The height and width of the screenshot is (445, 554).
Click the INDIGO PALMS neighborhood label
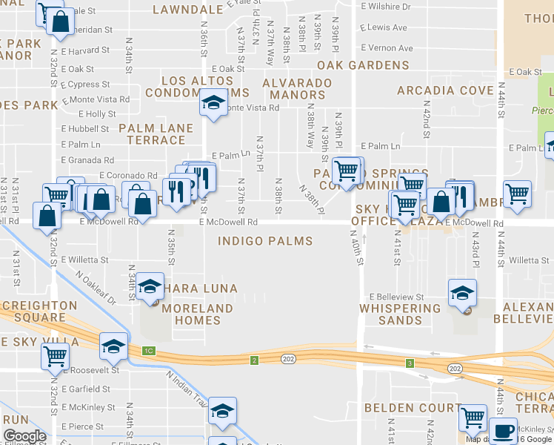tap(264, 241)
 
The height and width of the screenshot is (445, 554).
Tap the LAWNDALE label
tap(187, 10)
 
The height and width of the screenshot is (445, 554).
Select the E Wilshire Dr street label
tap(385, 7)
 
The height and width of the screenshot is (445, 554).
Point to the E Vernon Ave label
tap(387, 48)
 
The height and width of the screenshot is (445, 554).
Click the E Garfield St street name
tap(87, 389)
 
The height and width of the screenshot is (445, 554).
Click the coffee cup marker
tap(504, 429)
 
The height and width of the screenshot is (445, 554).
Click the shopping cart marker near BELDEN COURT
tap(472, 417)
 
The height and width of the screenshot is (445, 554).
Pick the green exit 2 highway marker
tap(253, 360)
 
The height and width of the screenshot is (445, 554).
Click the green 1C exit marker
tap(149, 349)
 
